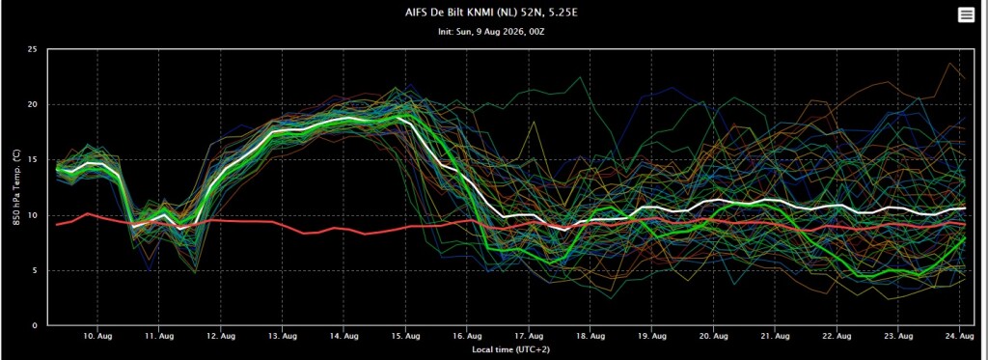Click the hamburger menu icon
click(x=966, y=15)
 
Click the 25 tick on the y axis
click(x=34, y=49)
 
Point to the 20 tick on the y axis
click(x=34, y=104)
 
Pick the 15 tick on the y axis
click(x=34, y=160)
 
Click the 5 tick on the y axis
click(x=36, y=271)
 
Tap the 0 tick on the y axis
click(x=36, y=326)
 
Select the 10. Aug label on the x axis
click(x=97, y=337)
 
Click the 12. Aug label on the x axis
click(x=221, y=337)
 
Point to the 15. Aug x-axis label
click(x=406, y=337)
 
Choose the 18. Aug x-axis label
click(x=590, y=337)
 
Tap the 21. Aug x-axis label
click(x=776, y=337)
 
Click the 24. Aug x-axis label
click(x=960, y=337)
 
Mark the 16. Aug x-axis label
click(x=468, y=337)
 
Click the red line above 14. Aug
click(x=344, y=229)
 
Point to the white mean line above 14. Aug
click(x=344, y=119)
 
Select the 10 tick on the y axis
click(x=34, y=215)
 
